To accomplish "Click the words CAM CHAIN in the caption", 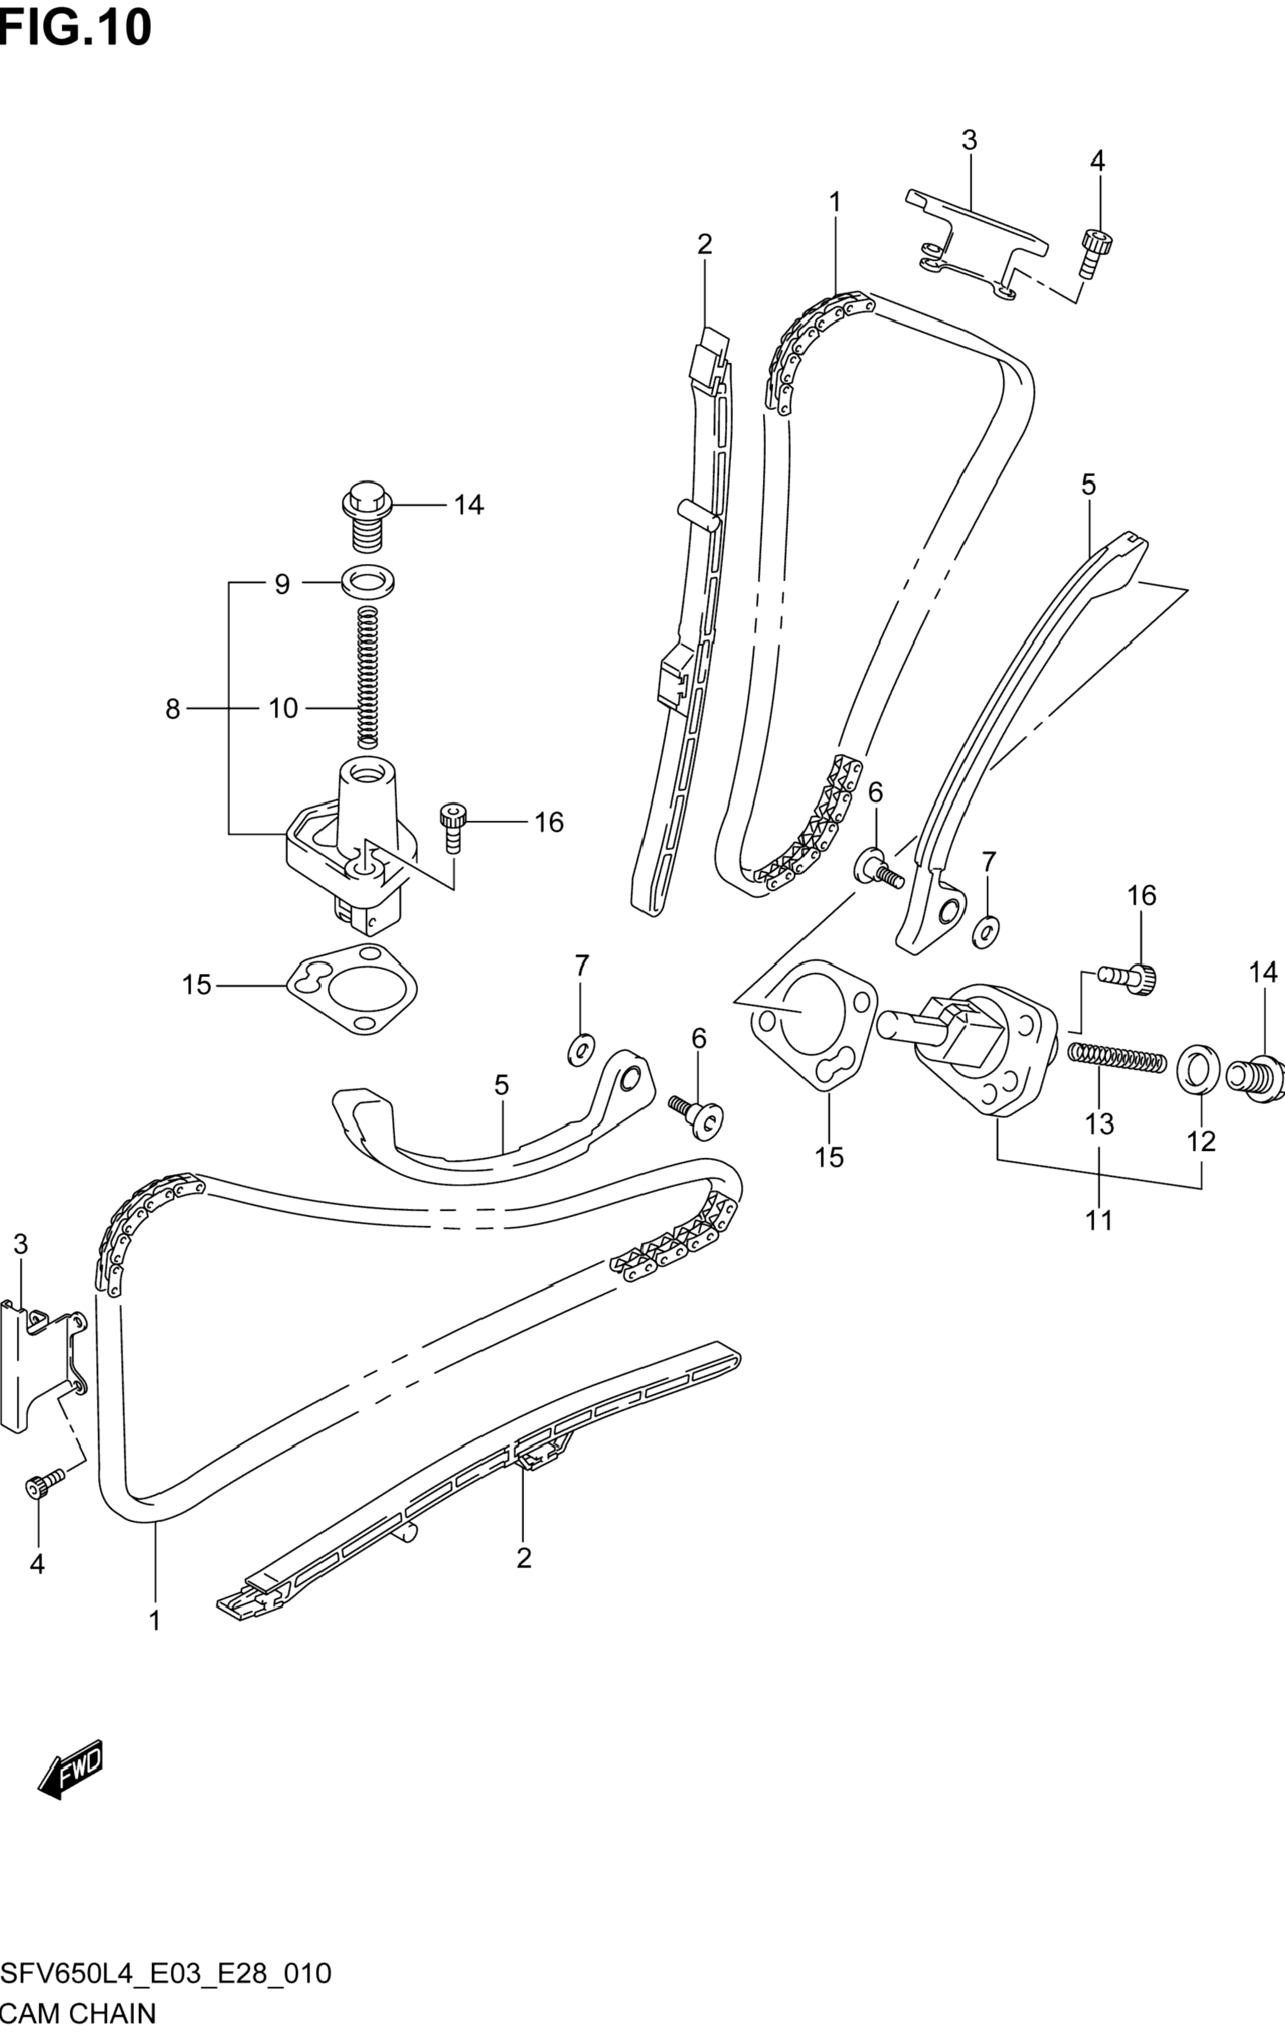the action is pyautogui.click(x=78, y=2015).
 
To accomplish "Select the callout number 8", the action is pyautogui.click(x=173, y=710).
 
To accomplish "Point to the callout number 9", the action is pyautogui.click(x=282, y=584).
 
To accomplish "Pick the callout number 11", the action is pyautogui.click(x=1099, y=1219).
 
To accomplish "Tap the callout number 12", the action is pyautogui.click(x=1201, y=1142).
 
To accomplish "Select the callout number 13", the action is pyautogui.click(x=1099, y=1124).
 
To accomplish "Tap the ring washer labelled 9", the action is pyautogui.click(x=370, y=581).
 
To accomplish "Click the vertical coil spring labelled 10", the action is pyautogui.click(x=368, y=677).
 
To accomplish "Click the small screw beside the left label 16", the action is pyautogui.click(x=452, y=829).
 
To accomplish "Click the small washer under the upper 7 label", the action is pyautogui.click(x=985, y=929).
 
